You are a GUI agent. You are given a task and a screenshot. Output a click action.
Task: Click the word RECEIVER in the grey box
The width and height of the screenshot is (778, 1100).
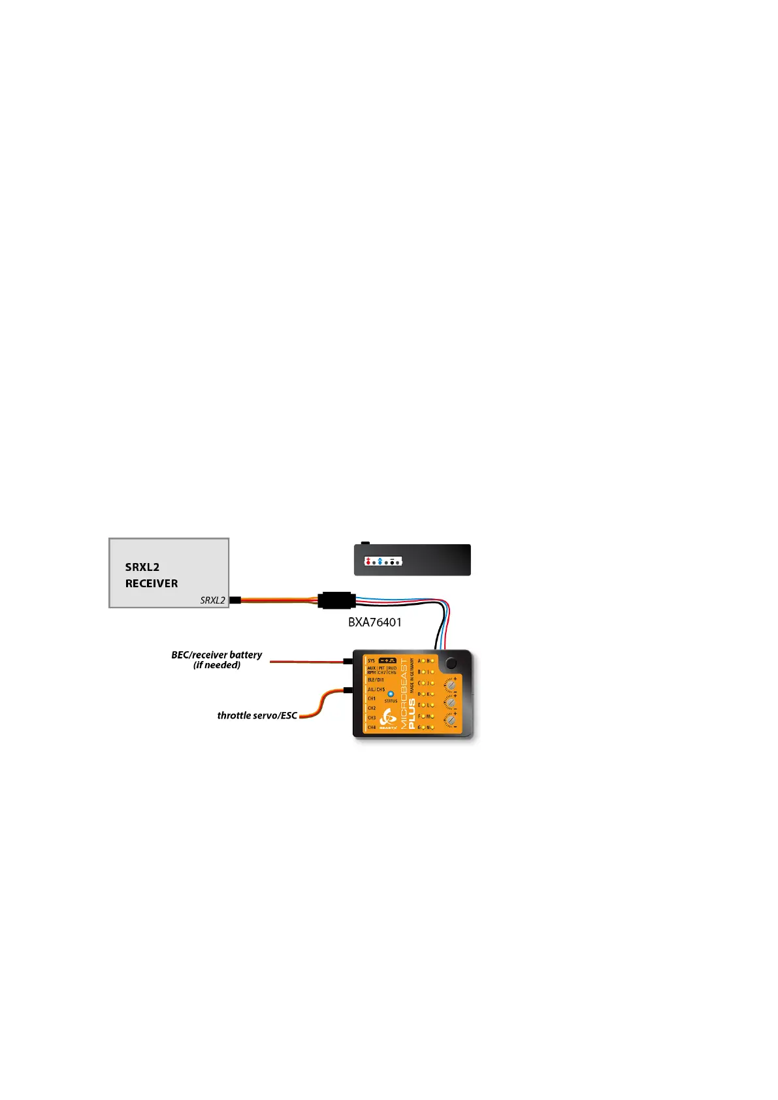point(152,583)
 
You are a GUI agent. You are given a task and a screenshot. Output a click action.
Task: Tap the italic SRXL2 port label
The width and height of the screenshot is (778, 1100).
point(212,600)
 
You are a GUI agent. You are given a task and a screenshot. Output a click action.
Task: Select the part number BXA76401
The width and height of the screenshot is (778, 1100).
point(375,623)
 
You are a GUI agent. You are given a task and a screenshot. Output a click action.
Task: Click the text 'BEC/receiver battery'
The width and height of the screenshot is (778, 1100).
point(216,655)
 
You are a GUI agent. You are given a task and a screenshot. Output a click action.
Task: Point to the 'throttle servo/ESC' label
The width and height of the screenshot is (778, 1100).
point(257,715)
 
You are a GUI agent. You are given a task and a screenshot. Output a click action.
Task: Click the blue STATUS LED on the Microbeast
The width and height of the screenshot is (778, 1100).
point(391,694)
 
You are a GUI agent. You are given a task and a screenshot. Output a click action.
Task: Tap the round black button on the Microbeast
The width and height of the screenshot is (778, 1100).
point(451,663)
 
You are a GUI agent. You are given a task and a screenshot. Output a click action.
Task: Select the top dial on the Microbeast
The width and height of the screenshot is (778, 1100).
point(450,686)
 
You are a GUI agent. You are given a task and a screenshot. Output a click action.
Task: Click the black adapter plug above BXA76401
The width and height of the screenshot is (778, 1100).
point(336,600)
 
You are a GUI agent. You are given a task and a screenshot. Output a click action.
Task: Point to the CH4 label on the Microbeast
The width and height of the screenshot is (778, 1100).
point(372,727)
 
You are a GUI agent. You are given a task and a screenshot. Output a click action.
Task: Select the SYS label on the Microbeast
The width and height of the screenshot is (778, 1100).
point(372,660)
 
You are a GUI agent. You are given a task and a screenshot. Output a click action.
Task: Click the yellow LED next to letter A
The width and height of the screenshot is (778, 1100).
point(424,661)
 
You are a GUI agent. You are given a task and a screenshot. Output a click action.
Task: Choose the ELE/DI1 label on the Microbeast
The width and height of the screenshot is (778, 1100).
point(376,680)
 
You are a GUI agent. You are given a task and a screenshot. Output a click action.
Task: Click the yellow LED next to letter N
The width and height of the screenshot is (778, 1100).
point(432,727)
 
